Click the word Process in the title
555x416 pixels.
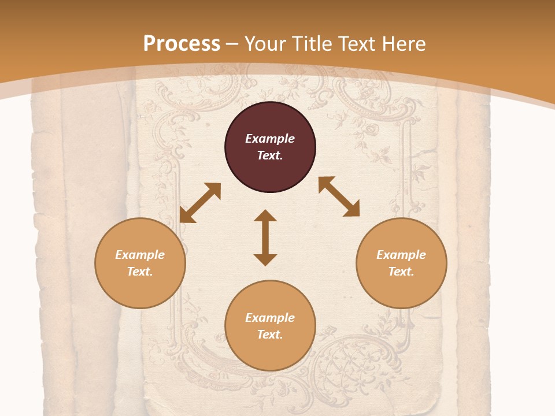pyautogui.click(x=182, y=44)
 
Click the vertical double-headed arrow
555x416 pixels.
pyautogui.click(x=265, y=237)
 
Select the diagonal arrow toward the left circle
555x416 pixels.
pyautogui.click(x=200, y=202)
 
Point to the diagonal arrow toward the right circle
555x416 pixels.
pyautogui.click(x=339, y=196)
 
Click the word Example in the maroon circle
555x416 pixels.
pyautogui.click(x=270, y=139)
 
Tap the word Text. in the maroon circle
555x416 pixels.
pyautogui.click(x=270, y=155)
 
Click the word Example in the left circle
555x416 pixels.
pyautogui.click(x=140, y=255)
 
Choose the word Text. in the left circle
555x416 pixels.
pyautogui.click(x=140, y=272)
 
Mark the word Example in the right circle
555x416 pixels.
pyautogui.click(x=401, y=255)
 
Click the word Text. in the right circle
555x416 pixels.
pyautogui.click(x=401, y=272)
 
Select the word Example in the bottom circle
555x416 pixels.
pyautogui.click(x=270, y=318)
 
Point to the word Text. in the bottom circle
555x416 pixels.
pyautogui.click(x=270, y=335)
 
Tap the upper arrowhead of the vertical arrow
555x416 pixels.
pyautogui.click(x=265, y=216)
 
